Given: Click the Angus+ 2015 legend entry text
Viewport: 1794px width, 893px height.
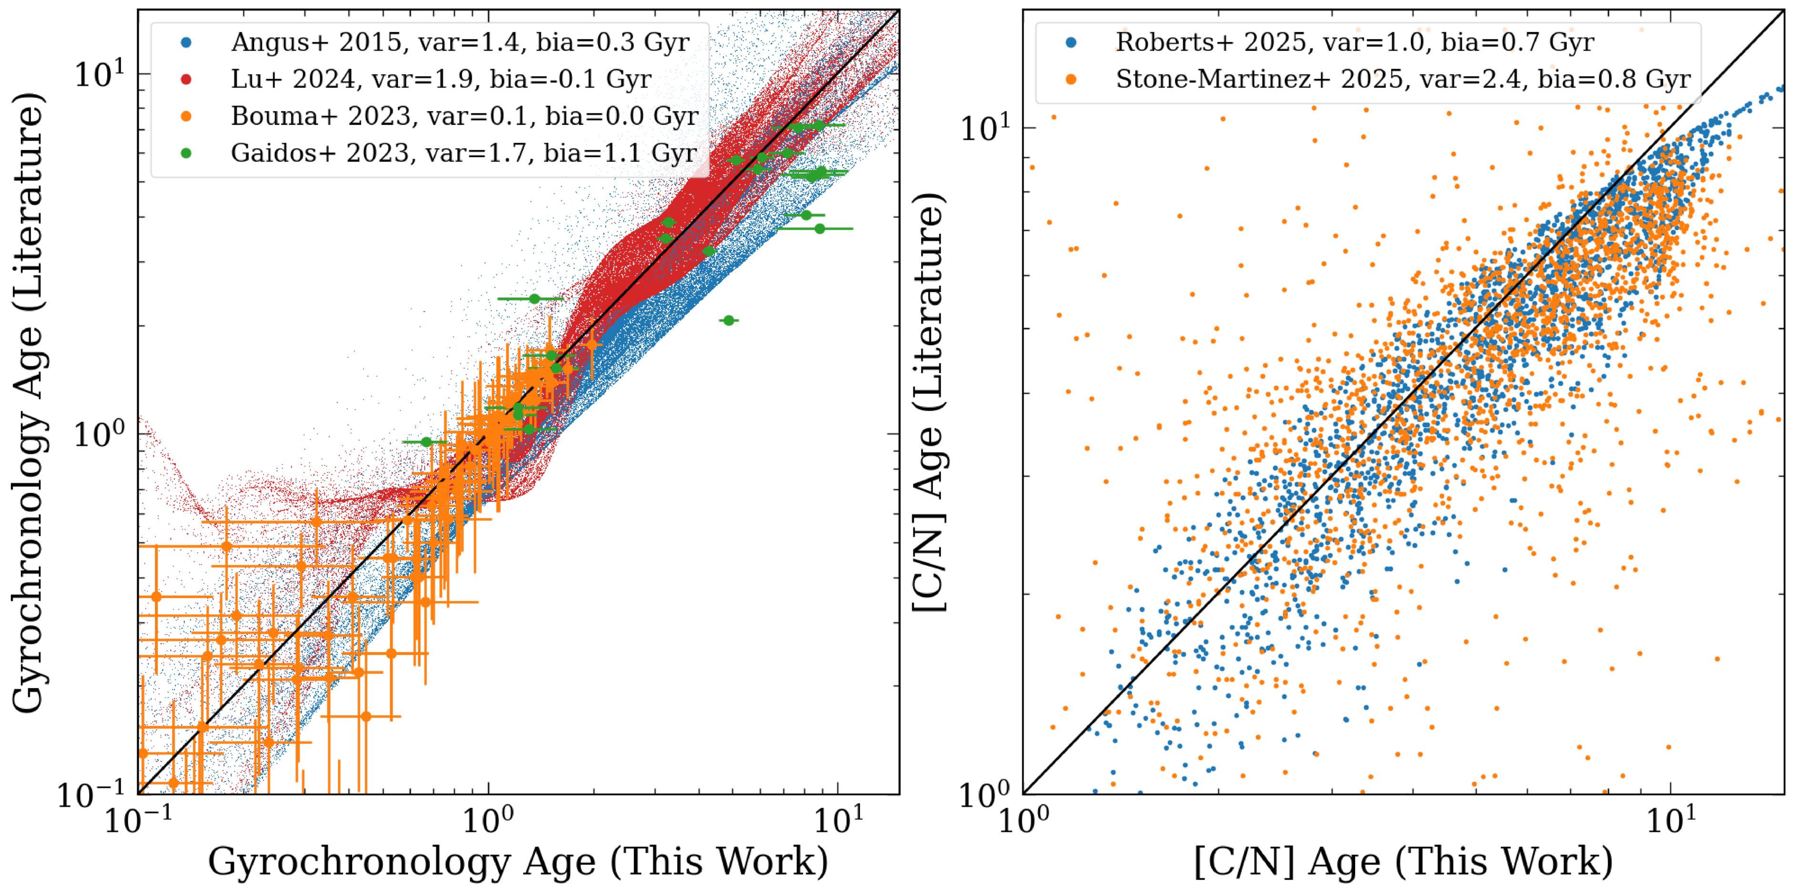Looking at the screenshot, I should click(460, 42).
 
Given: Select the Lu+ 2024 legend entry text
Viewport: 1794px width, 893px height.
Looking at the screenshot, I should click(441, 80).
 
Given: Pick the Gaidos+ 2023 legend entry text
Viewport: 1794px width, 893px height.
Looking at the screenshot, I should click(463, 153).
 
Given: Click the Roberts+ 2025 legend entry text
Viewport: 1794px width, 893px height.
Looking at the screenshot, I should click(1355, 42).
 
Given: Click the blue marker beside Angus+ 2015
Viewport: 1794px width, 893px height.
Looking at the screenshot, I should click(186, 42).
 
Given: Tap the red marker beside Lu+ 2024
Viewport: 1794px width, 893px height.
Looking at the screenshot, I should click(186, 80).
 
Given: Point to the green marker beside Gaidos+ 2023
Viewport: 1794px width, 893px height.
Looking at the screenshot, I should click(186, 153).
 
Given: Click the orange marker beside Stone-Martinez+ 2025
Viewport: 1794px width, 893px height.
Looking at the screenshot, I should click(1071, 80).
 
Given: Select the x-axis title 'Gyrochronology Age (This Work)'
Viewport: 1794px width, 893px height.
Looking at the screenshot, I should click(518, 862).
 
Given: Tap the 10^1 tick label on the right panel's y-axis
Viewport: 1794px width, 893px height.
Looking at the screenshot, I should click(985, 127).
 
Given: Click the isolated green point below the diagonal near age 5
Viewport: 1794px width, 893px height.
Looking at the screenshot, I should click(729, 320).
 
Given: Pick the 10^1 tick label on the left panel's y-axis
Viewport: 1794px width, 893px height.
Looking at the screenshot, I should click(99, 74).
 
